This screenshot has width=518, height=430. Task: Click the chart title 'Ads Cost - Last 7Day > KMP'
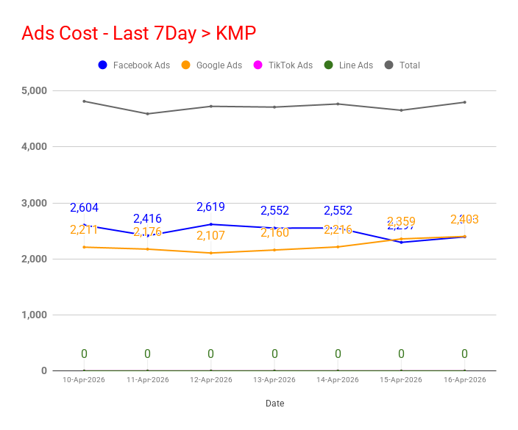point(138,34)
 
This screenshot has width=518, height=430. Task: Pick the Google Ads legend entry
point(210,65)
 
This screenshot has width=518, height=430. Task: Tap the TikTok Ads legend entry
point(283,65)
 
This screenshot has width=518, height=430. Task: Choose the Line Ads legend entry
point(349,65)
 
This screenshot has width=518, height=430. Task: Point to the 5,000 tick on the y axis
point(34,90)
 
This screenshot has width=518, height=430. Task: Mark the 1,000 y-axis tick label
point(34,315)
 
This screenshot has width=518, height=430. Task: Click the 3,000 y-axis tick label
point(34,203)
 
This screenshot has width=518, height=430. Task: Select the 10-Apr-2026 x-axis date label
point(85,380)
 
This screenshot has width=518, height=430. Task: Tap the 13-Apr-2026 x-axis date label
point(274,380)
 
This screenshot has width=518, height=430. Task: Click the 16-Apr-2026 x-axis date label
point(464,380)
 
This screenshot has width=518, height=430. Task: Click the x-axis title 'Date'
point(274,404)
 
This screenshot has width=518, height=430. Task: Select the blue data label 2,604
point(84,208)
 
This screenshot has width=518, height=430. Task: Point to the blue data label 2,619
point(210,207)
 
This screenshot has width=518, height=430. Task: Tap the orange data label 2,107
point(210,236)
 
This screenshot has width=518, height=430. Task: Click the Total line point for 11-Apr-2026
point(147,113)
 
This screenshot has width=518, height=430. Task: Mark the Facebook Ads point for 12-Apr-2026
point(211,224)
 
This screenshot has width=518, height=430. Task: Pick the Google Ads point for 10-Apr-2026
point(84,247)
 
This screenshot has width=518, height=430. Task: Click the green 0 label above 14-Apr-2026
point(338,354)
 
